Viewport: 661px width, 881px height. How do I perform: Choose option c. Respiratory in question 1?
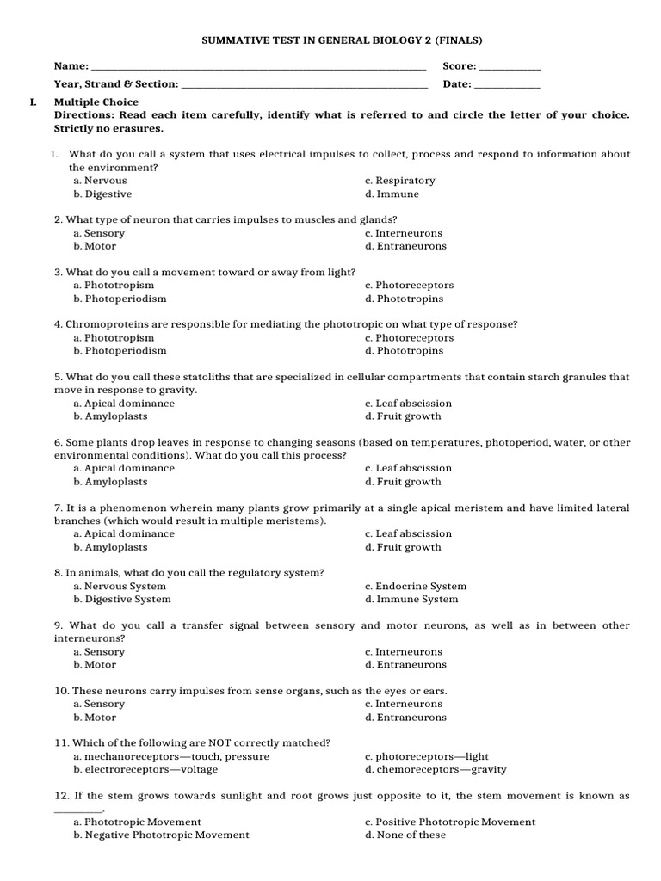399,181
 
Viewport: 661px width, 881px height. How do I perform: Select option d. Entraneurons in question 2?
405,246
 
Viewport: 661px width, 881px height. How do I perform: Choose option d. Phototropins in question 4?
404,351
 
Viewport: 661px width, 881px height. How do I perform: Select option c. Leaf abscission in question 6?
408,468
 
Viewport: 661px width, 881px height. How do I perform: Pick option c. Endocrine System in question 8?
415,587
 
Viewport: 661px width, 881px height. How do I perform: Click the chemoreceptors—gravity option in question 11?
436,769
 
